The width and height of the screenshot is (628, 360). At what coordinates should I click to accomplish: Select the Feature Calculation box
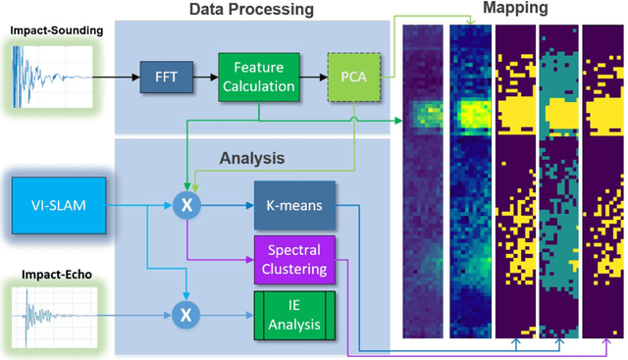[x=258, y=76]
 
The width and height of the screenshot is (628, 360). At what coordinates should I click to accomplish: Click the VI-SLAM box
[x=56, y=204]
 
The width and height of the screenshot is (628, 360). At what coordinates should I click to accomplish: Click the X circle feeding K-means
[x=185, y=205]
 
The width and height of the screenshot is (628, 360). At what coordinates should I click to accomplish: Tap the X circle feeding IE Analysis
[x=185, y=315]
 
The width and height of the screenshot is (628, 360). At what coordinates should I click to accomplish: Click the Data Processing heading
[x=251, y=10]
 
